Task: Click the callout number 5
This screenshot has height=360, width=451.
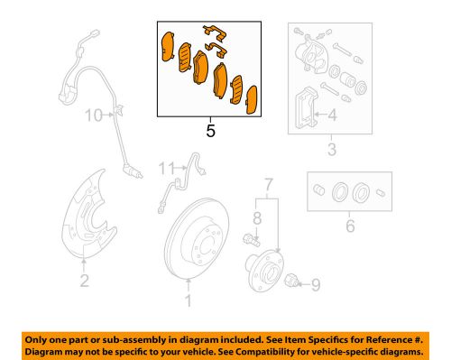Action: pos(210,129)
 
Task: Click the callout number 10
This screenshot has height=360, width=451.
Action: pos(94,115)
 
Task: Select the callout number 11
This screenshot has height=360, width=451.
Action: pos(165,169)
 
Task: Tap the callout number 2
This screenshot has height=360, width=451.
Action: pos(84,282)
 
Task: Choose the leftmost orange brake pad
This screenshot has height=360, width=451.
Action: pos(167,51)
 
